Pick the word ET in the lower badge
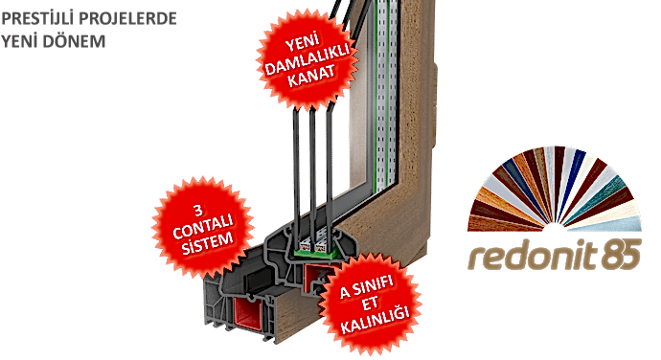click(x=369, y=302)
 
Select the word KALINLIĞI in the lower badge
click(x=369, y=318)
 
